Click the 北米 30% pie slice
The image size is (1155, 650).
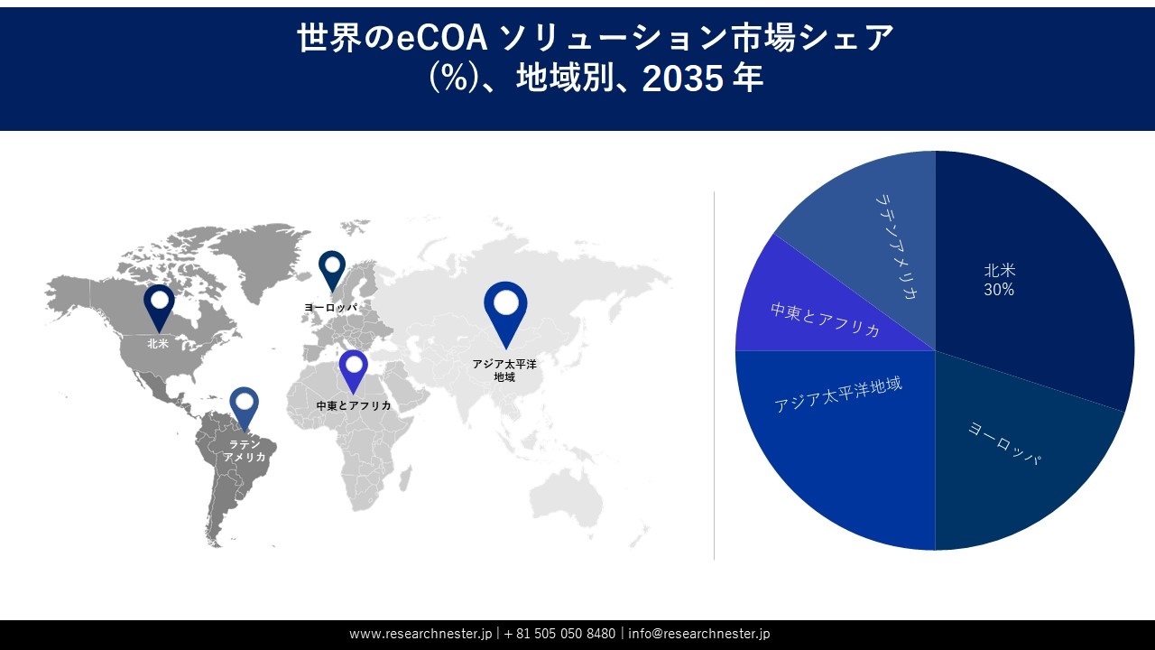[x=1029, y=271]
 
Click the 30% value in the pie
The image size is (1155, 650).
[x=999, y=290]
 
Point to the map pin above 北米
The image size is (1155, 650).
[x=159, y=305]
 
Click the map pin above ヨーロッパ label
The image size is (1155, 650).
[x=332, y=270]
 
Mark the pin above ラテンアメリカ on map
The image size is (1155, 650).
[x=244, y=406]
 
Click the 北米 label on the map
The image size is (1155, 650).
[x=159, y=343]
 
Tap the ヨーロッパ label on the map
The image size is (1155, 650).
[x=331, y=308]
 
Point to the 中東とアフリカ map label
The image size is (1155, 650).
[x=354, y=406]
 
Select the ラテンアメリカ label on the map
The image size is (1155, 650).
[x=245, y=450]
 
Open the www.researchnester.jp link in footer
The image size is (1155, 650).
[x=421, y=634]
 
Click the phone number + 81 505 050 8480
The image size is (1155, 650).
[x=559, y=634]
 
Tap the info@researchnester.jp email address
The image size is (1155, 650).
[x=698, y=634]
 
